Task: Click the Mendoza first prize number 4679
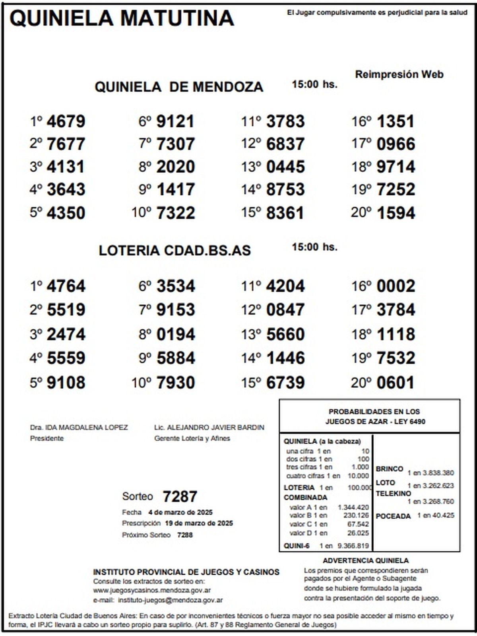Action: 66,121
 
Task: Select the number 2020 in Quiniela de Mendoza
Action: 175,167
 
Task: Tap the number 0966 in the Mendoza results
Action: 396,144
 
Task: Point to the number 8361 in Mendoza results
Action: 285,213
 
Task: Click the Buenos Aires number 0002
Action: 396,286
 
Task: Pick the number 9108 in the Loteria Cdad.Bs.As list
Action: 66,383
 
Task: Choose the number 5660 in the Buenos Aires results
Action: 285,334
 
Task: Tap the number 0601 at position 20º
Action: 396,383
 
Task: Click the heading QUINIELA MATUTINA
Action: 122,18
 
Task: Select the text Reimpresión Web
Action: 399,74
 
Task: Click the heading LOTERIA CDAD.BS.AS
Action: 175,250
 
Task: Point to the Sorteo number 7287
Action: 180,496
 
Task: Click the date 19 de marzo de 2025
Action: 199,523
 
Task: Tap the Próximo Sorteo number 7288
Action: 185,535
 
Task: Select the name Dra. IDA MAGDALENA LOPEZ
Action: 79,428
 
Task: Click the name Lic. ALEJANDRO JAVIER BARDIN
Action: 209,428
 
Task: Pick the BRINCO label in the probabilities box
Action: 390,469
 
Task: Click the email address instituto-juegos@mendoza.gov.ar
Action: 171,600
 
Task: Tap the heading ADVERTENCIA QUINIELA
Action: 366,560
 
